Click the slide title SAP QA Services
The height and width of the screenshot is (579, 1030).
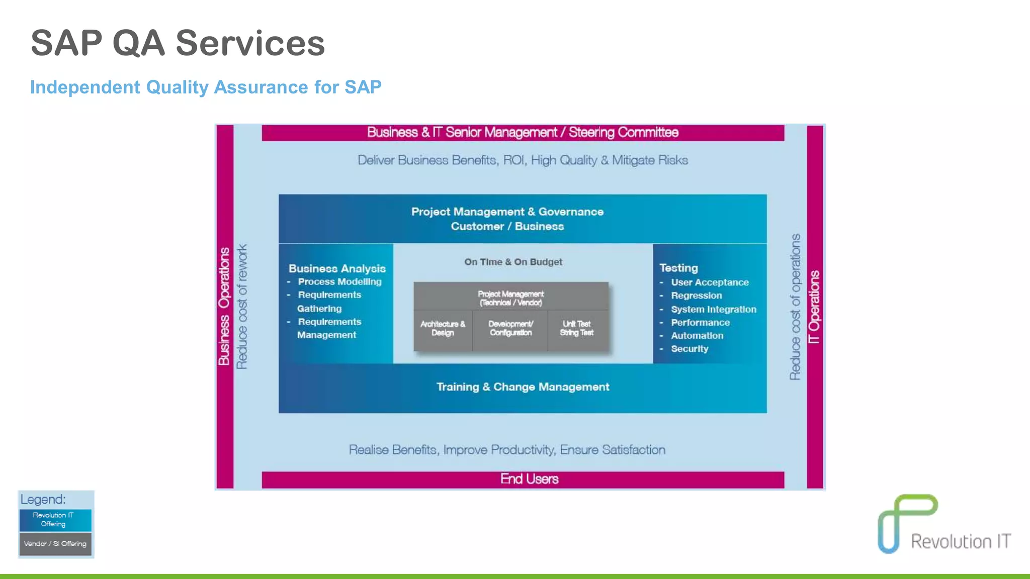178,43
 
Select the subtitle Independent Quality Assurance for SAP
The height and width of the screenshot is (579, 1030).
206,87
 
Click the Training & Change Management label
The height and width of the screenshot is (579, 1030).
523,387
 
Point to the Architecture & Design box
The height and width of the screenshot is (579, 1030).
443,329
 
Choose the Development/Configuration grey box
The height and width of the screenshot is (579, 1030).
510,329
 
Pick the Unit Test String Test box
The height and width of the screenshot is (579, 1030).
577,329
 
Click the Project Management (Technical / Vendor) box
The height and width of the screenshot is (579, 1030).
510,298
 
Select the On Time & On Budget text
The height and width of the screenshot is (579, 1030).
513,262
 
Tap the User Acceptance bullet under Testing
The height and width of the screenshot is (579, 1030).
709,282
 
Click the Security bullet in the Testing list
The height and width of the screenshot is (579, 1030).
689,349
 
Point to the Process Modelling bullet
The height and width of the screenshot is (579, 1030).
339,282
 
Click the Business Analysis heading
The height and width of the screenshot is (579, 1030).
337,268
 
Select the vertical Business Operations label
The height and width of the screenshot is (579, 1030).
224,307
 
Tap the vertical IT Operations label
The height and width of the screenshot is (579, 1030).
814,307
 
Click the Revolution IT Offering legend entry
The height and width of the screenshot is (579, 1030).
55,520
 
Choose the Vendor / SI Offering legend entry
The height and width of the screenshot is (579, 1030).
55,544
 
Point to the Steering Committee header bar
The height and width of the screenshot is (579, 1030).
523,133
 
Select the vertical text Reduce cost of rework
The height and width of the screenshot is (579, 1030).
242,307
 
